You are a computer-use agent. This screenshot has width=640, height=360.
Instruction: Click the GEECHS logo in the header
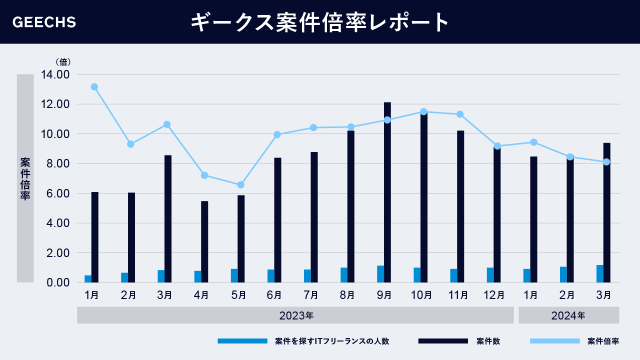[44, 22]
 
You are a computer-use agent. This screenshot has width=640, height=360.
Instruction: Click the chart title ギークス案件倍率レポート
[320, 22]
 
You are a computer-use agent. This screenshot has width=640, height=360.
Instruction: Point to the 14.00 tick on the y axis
[56, 74]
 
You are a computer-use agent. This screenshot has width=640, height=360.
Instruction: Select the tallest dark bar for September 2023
[387, 192]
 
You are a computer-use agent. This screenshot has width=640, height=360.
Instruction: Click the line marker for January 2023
[94, 87]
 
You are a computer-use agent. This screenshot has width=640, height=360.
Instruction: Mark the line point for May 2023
[240, 185]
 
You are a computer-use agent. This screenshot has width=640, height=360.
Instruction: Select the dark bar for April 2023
[204, 241]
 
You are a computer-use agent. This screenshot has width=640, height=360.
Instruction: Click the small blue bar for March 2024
[599, 273]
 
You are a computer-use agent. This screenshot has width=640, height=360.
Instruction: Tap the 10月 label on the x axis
[421, 295]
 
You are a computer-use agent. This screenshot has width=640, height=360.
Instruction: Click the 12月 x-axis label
[494, 295]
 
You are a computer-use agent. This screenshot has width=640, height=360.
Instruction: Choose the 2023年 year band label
[296, 315]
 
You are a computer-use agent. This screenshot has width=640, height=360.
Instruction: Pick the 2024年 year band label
[568, 315]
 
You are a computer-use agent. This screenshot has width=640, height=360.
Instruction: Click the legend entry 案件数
[488, 341]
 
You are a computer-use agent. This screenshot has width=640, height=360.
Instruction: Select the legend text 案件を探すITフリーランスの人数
[332, 341]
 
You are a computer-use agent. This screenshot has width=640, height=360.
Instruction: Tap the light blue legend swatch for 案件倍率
[554, 341]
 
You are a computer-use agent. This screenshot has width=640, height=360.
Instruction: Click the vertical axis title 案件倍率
[25, 178]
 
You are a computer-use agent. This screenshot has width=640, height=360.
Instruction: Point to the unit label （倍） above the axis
[63, 62]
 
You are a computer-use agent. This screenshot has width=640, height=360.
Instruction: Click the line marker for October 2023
[423, 112]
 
